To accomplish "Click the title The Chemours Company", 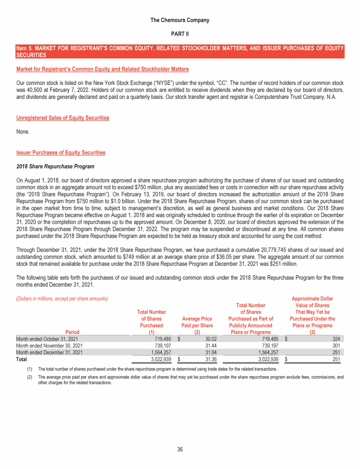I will (x=180, y=20).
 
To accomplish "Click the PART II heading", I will (x=180, y=35).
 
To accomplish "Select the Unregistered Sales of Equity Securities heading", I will (x=62, y=118).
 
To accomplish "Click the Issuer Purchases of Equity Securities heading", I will (x=60, y=152).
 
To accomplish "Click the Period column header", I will (x=72, y=333).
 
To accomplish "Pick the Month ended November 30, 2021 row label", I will (x=49, y=346).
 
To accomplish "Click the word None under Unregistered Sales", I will (x=23, y=132).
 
